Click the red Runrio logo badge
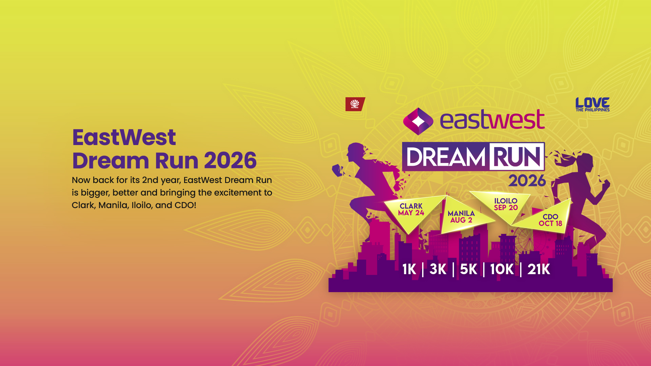[355, 104]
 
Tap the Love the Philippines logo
[592, 104]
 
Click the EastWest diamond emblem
[418, 121]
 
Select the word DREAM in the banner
[446, 157]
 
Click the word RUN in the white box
[517, 157]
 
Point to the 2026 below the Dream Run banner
[527, 181]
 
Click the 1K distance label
[409, 269]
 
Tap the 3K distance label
[438, 269]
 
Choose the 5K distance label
[468, 269]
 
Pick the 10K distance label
[502, 269]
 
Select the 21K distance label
[538, 269]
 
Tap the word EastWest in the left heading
[124, 137]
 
